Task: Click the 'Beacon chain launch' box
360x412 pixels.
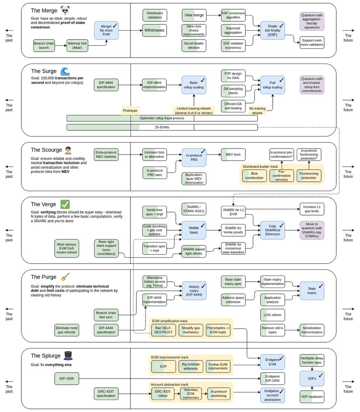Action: pyautogui.click(x=45, y=45)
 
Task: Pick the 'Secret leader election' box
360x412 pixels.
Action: pyautogui.click(x=194, y=45)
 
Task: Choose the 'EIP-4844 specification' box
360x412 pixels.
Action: pyautogui.click(x=106, y=85)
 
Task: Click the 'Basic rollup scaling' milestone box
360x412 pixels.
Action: pyautogui.click(x=194, y=85)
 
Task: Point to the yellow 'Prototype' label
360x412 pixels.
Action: pyautogui.click(x=130, y=110)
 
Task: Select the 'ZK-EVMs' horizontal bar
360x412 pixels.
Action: pyautogui.click(x=162, y=127)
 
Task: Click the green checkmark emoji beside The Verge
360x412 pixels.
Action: pyautogui.click(x=65, y=204)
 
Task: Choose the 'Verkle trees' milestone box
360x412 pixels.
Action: pyautogui.click(x=194, y=230)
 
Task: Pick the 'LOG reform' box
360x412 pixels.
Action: pyautogui.click(x=273, y=315)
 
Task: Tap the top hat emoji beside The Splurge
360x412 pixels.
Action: pyautogui.click(x=68, y=356)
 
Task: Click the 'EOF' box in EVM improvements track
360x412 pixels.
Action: pyautogui.click(x=163, y=366)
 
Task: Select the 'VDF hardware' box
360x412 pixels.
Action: pyautogui.click(x=312, y=396)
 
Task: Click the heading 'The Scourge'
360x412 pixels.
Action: pyautogui.click(x=46, y=150)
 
